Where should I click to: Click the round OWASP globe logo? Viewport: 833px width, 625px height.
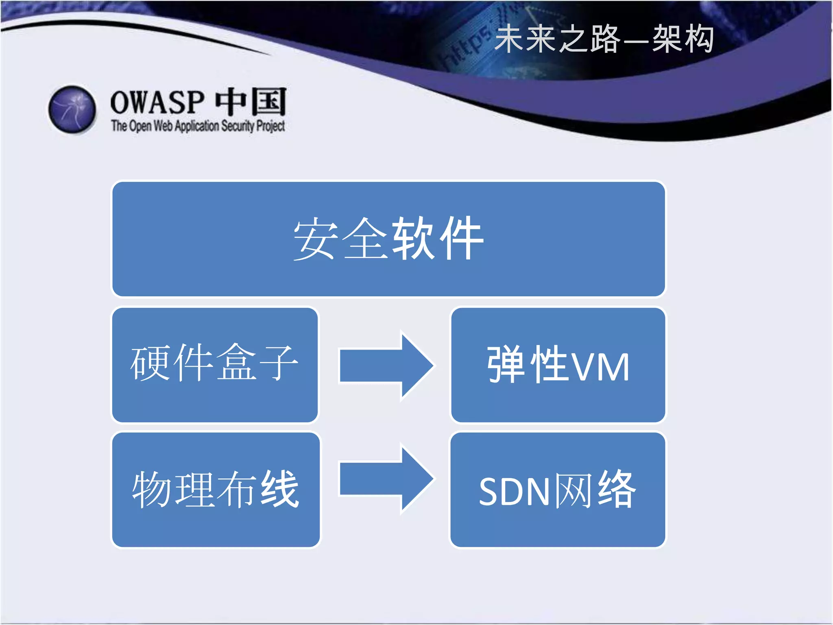(x=72, y=109)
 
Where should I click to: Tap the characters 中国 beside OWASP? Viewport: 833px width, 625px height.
(x=251, y=102)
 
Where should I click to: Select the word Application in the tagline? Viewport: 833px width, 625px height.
(x=197, y=126)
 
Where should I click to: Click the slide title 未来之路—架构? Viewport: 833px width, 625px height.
(x=604, y=39)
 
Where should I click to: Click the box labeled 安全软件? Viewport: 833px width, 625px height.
(x=388, y=239)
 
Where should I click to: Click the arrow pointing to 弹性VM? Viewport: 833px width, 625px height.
(x=386, y=365)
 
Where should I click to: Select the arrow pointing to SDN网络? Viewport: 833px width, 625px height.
(x=386, y=479)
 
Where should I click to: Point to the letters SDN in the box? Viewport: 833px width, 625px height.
(x=515, y=492)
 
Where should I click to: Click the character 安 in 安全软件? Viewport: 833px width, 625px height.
(x=316, y=239)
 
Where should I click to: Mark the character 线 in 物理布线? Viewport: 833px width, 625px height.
(x=280, y=489)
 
